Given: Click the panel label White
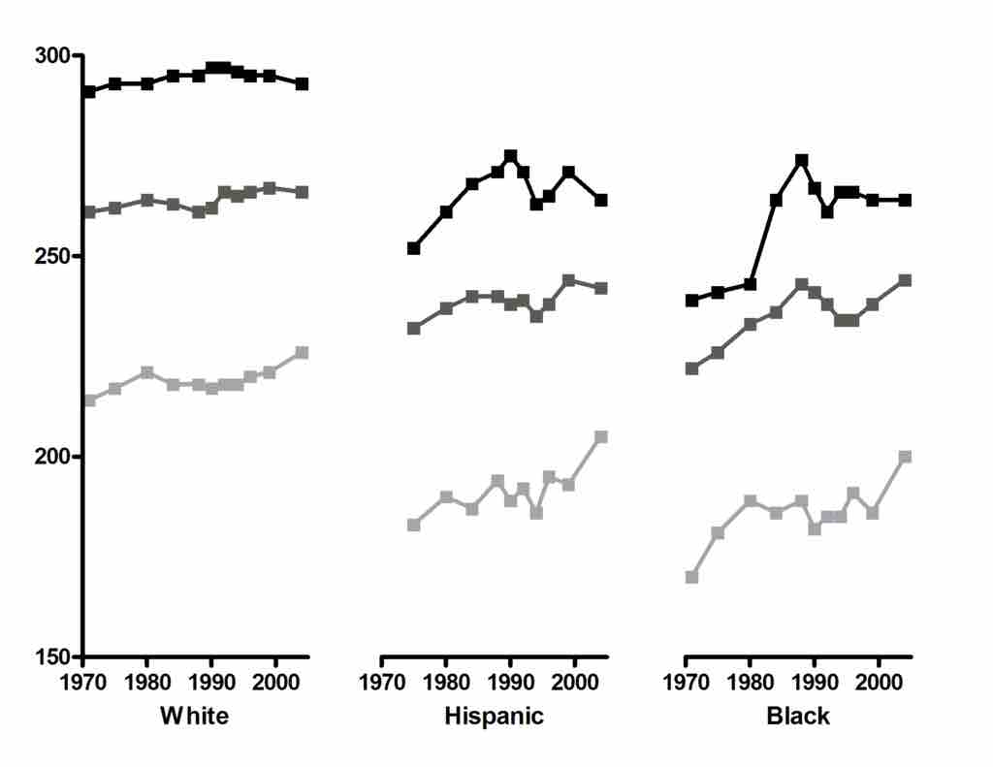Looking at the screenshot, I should click(195, 717).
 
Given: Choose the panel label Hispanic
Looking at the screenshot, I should click(494, 717).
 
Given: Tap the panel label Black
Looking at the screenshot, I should click(798, 717).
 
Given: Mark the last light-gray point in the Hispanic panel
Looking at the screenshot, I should click(601, 437).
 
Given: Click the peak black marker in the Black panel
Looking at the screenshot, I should click(802, 160).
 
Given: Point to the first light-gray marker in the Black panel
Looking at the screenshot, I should click(691, 577).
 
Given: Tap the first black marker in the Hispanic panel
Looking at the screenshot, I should click(413, 248).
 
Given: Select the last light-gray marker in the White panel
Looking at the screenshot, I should click(302, 352).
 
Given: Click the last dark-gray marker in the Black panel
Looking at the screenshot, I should click(906, 280).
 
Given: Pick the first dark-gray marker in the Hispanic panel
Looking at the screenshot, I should click(413, 329).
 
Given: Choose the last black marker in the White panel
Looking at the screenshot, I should click(302, 84).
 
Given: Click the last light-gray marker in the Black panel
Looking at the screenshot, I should click(906, 457).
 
